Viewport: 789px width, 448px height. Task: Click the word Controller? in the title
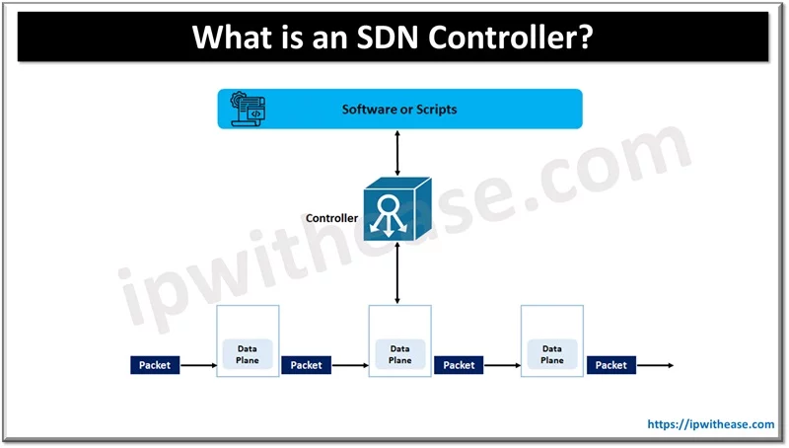click(x=511, y=37)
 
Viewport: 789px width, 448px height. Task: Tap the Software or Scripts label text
click(x=399, y=110)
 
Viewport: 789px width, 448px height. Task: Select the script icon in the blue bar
click(x=248, y=109)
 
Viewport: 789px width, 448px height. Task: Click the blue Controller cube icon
click(x=397, y=209)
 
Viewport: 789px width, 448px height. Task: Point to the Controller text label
click(x=331, y=218)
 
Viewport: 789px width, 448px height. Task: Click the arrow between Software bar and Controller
click(x=397, y=153)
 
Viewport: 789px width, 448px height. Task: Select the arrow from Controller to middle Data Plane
click(x=397, y=272)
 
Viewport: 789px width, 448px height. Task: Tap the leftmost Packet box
click(x=155, y=365)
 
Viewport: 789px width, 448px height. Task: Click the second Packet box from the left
click(x=306, y=365)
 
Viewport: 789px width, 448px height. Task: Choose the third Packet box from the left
click(x=459, y=365)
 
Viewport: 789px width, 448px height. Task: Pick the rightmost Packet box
click(x=611, y=365)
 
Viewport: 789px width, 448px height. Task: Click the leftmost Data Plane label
click(x=248, y=354)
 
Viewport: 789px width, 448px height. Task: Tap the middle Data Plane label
click(x=400, y=354)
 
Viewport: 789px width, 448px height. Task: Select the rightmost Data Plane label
click(x=552, y=354)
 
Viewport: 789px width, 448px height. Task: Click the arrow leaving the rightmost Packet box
click(x=655, y=365)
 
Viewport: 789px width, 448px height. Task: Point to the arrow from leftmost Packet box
click(x=198, y=365)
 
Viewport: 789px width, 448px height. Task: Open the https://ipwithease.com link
click(x=710, y=424)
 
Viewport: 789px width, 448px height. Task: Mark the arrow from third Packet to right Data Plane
click(x=502, y=365)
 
